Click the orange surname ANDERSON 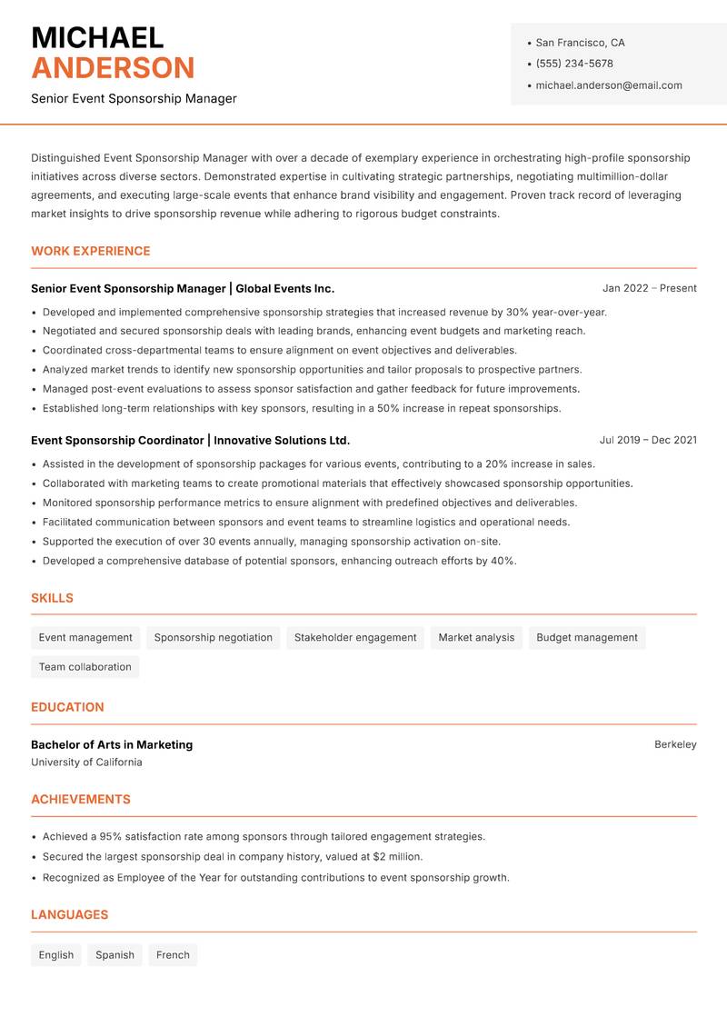(x=113, y=68)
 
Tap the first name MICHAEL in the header (x=97, y=37)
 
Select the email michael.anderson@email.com (x=608, y=85)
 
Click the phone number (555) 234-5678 (x=573, y=64)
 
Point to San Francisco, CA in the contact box (x=580, y=43)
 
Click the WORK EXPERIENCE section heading (x=91, y=251)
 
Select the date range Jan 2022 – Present (x=649, y=288)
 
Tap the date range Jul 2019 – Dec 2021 (x=648, y=440)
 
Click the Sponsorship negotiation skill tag (x=214, y=638)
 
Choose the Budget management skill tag (x=587, y=638)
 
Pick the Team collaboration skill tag (x=85, y=667)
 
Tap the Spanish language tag (x=115, y=955)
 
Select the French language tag (x=173, y=955)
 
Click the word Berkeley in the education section (x=675, y=744)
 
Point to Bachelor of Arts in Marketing (x=112, y=744)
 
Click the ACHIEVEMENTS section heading (x=81, y=800)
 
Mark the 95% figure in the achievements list (x=111, y=836)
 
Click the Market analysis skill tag (x=476, y=638)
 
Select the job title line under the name (x=134, y=98)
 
